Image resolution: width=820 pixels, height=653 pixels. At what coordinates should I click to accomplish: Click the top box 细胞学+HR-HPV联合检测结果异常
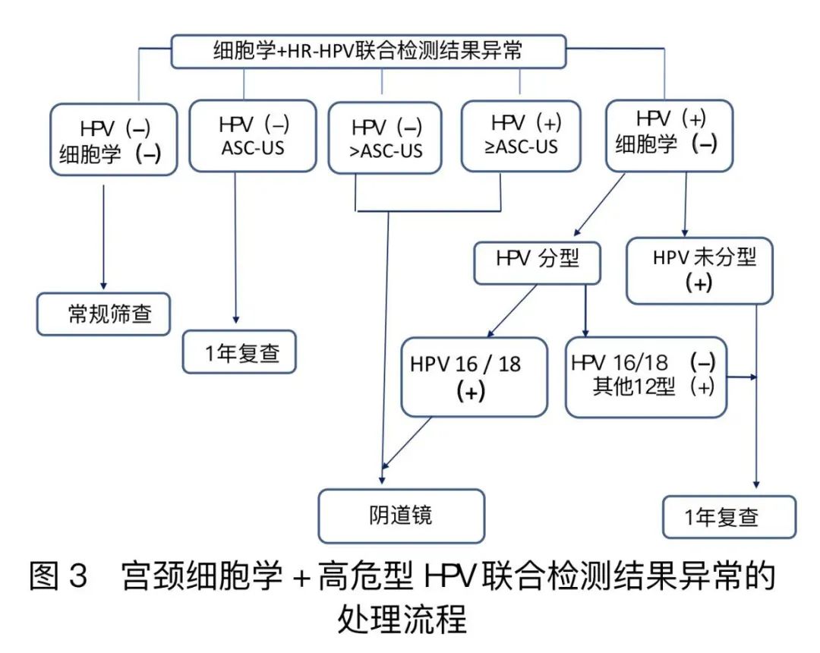(368, 52)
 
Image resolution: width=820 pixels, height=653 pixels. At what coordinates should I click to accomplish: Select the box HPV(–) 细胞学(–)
(113, 141)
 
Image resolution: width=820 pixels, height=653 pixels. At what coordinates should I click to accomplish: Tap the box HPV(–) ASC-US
(252, 135)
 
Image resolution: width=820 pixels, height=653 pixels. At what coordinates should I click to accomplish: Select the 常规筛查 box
(105, 314)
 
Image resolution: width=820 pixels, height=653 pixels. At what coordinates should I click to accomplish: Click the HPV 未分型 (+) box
(699, 269)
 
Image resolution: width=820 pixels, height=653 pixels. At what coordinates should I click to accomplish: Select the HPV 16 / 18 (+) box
(474, 377)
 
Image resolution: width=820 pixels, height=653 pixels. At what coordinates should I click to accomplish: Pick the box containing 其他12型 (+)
(645, 375)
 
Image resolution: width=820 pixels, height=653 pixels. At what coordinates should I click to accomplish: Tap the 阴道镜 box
(401, 516)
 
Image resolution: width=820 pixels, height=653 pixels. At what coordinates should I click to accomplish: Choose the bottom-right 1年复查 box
(729, 518)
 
